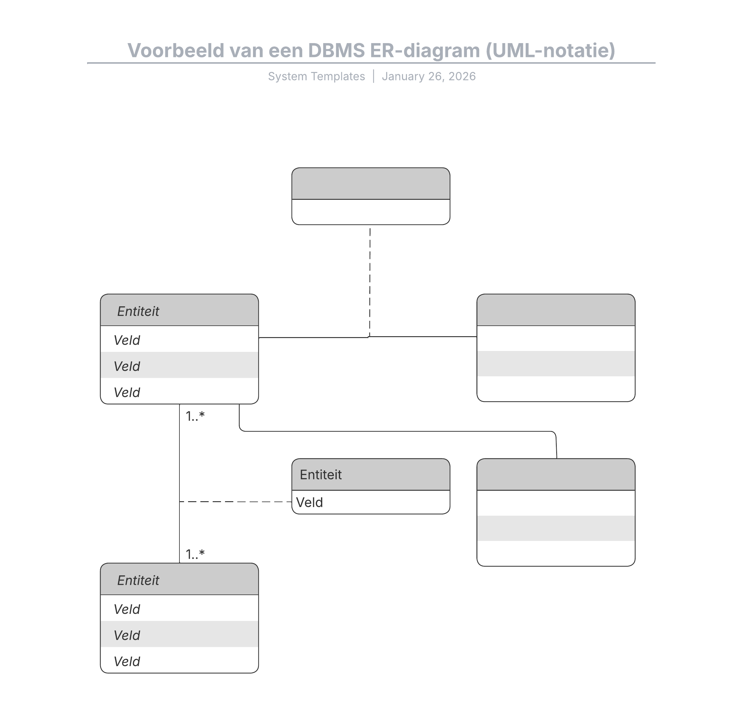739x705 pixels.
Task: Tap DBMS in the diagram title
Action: [x=336, y=50]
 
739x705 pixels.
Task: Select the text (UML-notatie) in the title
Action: [x=550, y=50]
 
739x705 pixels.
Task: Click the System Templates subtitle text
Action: [x=316, y=76]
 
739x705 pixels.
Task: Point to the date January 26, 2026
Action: [x=428, y=76]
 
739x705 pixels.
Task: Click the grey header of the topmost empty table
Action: [x=371, y=184]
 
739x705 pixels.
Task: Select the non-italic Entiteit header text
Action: [x=320, y=475]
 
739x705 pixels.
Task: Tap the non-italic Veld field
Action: [x=310, y=502]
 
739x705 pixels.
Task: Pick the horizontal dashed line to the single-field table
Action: [x=235, y=502]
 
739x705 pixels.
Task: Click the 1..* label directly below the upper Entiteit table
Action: [x=195, y=416]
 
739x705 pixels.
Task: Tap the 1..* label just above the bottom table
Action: [x=195, y=554]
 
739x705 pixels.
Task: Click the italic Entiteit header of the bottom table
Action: [x=138, y=580]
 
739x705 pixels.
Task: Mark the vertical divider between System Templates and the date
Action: [x=373, y=76]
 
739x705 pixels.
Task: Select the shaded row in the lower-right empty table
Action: [x=556, y=528]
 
